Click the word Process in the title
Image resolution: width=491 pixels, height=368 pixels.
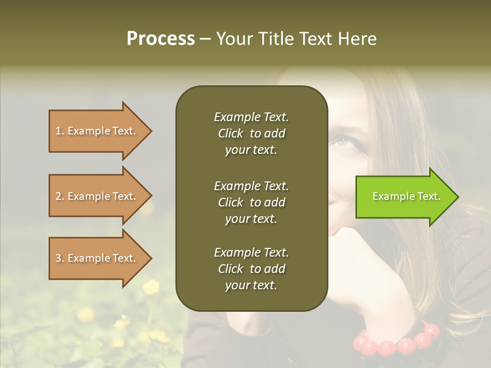pos(161,39)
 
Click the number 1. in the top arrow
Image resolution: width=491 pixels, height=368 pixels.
pos(60,131)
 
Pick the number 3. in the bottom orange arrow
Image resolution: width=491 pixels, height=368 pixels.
pos(60,258)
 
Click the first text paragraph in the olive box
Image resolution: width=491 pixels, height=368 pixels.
pos(251,133)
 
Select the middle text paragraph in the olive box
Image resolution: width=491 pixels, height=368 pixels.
pos(251,202)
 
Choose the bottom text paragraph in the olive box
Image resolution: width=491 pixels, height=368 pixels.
pos(251,269)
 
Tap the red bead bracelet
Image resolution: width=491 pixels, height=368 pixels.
pos(396,341)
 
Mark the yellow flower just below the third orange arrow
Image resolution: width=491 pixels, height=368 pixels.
pos(150,287)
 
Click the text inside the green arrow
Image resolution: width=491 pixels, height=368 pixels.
pos(407,197)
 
